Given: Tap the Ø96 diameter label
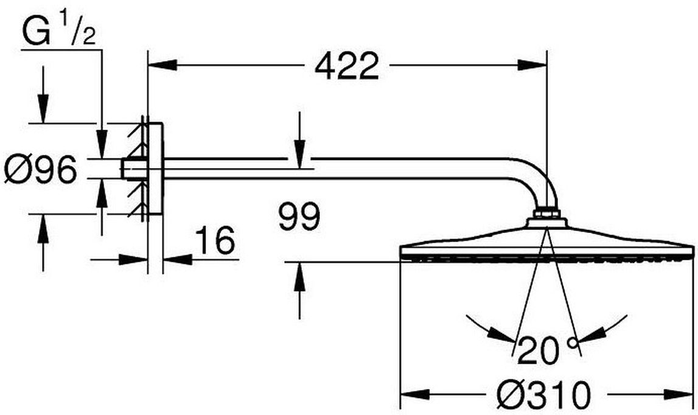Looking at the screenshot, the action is click(41, 170).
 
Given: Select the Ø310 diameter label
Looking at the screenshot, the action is click(545, 394).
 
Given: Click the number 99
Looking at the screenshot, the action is click(299, 217).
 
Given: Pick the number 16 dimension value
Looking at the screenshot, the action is click(215, 240).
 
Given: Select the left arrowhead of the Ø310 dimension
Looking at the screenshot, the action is click(415, 394).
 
